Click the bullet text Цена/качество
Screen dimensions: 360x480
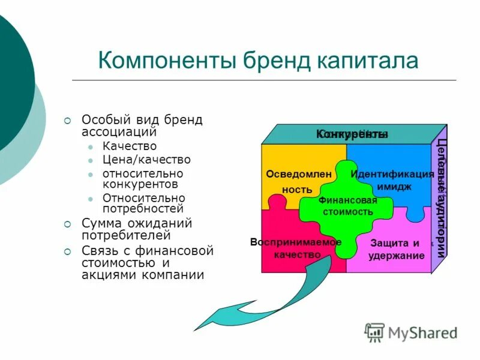[146, 160]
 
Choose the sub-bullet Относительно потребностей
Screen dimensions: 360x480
[143, 203]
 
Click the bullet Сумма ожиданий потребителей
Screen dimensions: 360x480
[137, 230]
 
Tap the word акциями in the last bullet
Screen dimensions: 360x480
[110, 275]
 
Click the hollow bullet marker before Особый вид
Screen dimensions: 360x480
[68, 120]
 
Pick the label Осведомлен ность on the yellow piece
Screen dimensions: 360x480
[290, 182]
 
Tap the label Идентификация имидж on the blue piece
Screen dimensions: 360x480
[393, 180]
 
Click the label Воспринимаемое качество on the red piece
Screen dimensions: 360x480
[296, 248]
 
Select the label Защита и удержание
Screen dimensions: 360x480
[396, 250]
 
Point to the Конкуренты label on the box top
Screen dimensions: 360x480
[352, 134]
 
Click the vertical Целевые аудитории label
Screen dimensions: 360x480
[441, 198]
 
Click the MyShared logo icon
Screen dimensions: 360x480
[374, 332]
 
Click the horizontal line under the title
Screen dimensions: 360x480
[264, 80]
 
